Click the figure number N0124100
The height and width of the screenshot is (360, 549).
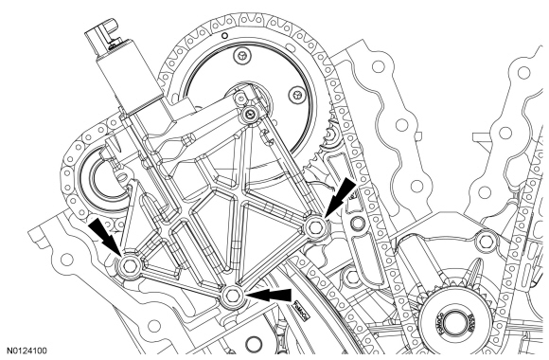27,351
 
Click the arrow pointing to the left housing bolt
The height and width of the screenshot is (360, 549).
105,236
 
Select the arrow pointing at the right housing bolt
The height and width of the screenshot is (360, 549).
340,195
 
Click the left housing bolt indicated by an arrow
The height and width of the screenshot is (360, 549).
130,265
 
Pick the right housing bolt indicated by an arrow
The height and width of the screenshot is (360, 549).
315,227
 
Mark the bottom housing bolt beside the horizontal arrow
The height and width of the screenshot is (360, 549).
233,296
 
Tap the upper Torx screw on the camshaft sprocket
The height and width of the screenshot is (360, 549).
241,55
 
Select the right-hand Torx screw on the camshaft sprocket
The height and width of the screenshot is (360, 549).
296,95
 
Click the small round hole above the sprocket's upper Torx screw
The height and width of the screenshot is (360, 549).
225,35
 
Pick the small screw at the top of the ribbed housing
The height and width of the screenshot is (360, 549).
249,113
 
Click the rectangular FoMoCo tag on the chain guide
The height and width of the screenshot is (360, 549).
301,310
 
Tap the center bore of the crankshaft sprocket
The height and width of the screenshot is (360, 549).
454,322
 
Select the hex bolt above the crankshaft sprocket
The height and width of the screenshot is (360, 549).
486,241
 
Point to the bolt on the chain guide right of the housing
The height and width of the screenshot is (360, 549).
357,223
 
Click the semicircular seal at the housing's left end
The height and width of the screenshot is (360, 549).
101,181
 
